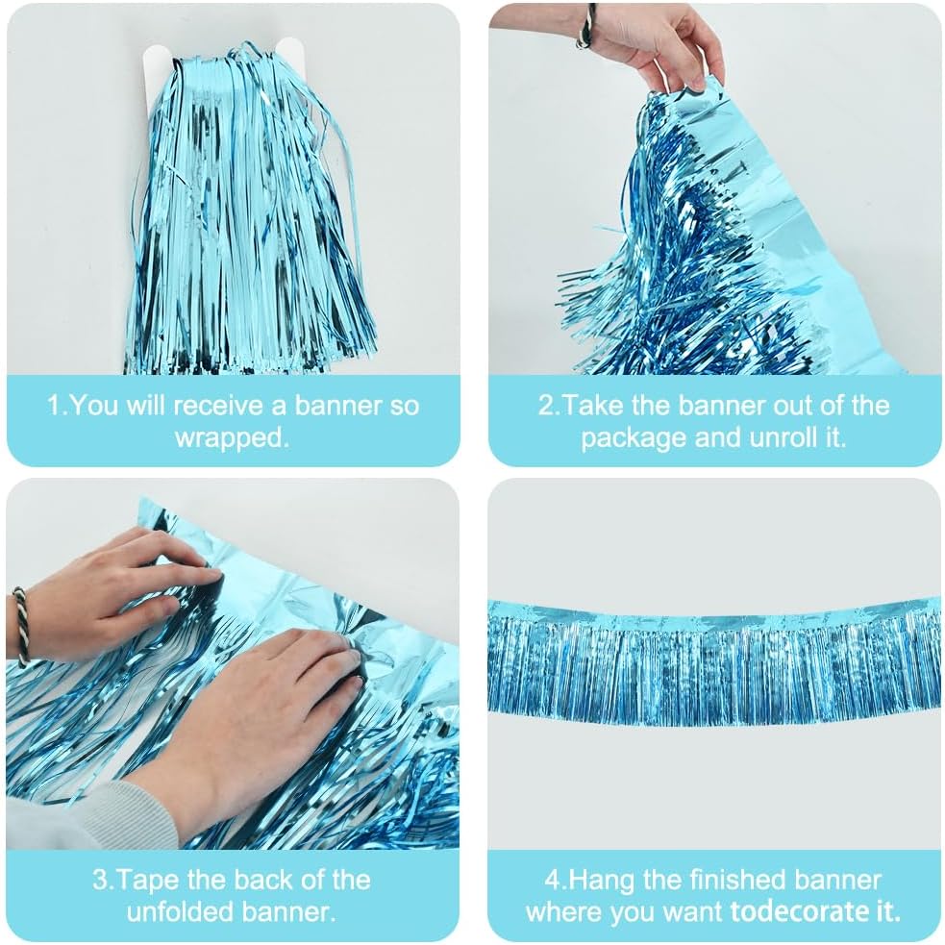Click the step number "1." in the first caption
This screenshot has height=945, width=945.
click(x=58, y=405)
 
